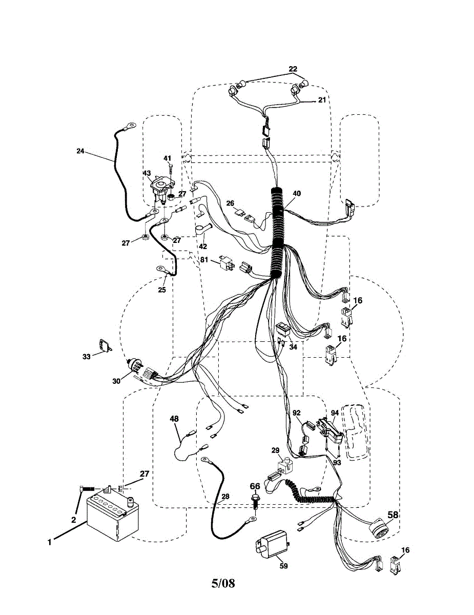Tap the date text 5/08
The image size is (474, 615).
223,583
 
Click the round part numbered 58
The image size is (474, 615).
380,527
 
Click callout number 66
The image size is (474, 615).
255,486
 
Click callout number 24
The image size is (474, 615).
80,151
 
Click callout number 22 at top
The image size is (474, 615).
293,69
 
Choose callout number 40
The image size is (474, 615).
297,194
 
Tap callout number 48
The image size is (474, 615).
174,419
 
